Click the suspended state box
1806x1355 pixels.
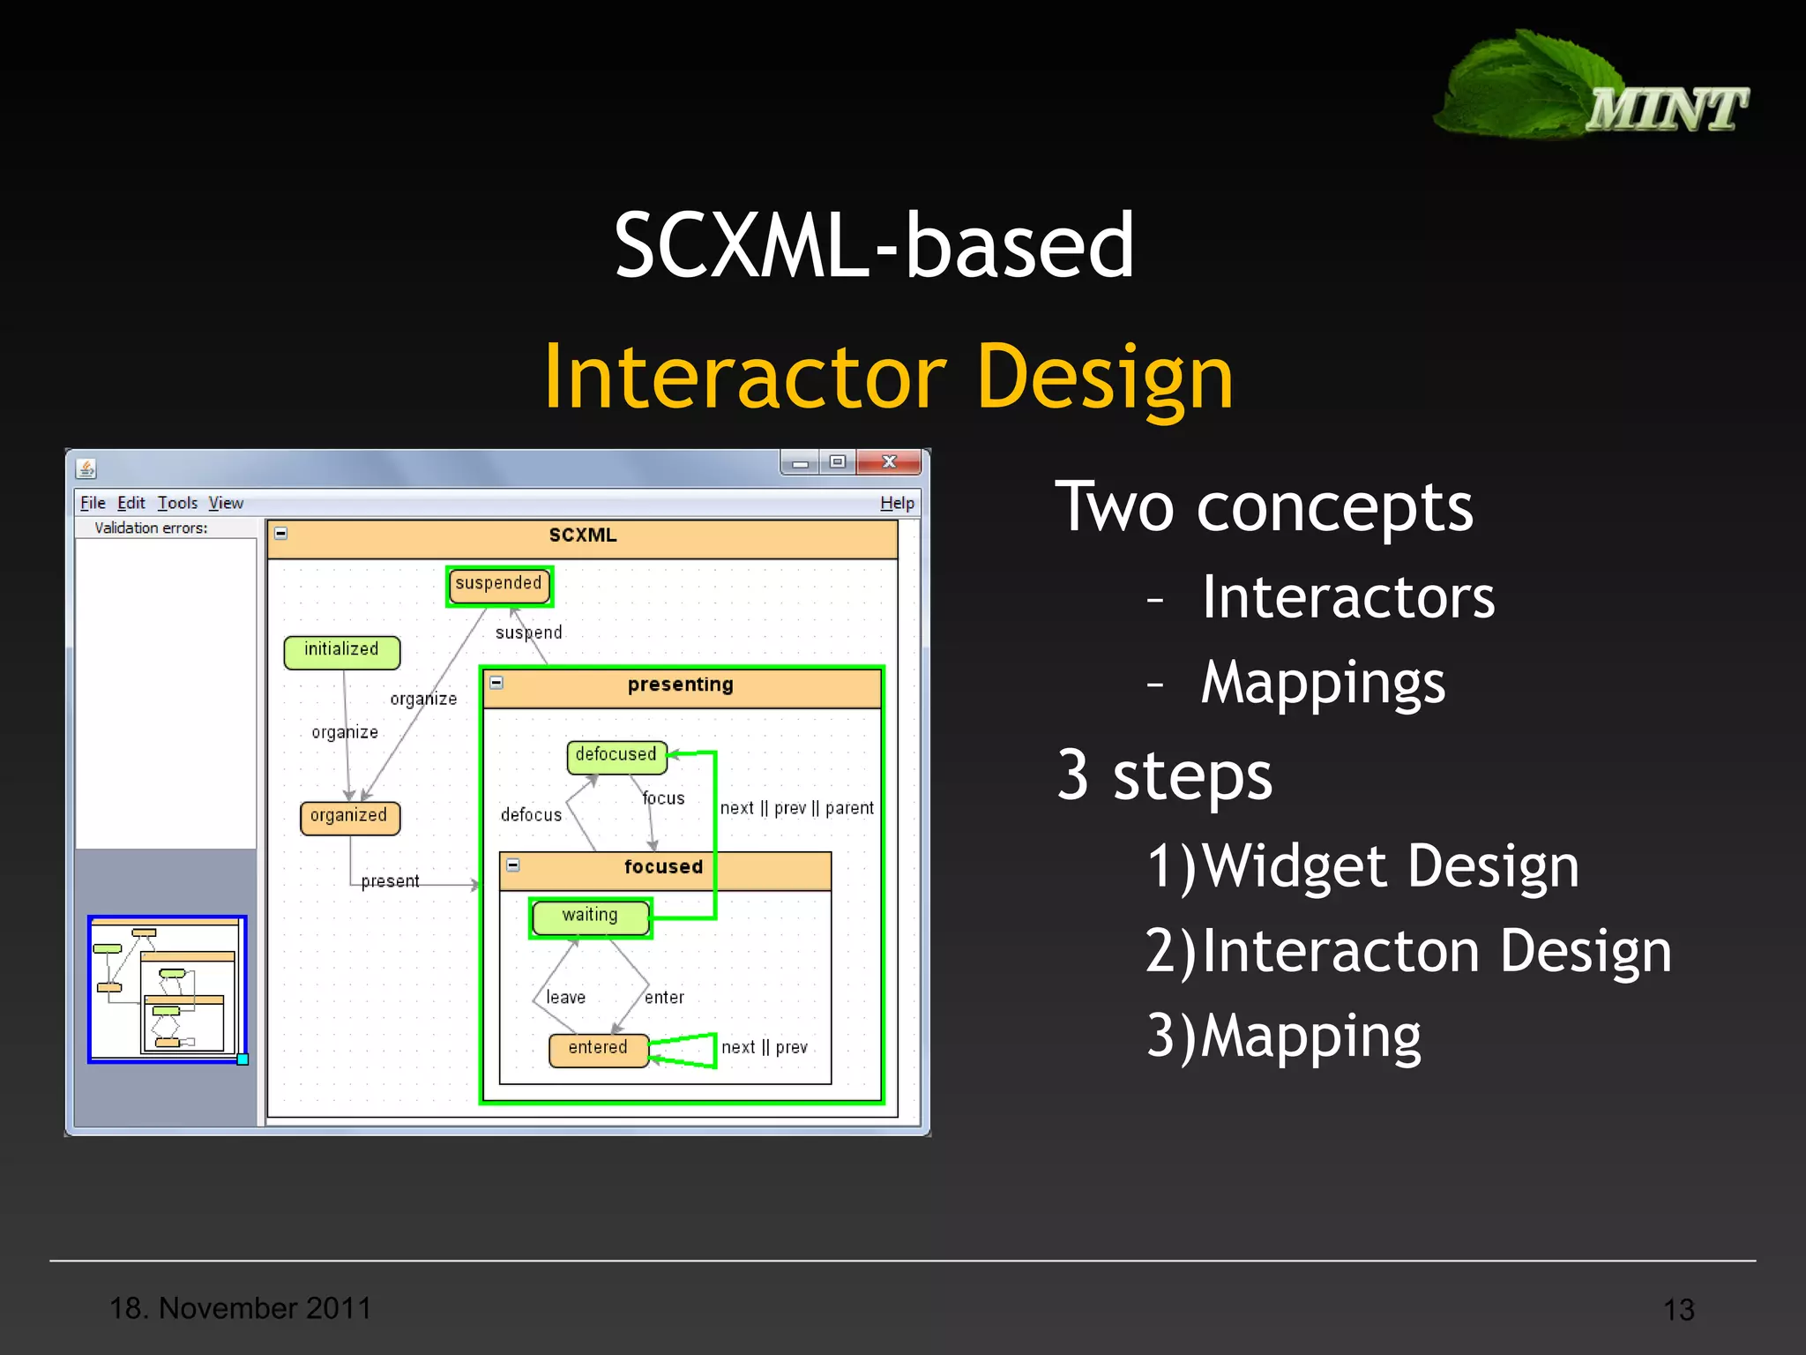[x=499, y=585]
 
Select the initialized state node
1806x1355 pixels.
[x=341, y=651]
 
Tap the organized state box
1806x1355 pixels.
[x=349, y=816]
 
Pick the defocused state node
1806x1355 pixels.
[x=616, y=756]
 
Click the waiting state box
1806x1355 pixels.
[x=590, y=917]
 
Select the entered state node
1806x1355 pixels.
[x=598, y=1049]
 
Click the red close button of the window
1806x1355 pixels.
[x=889, y=462]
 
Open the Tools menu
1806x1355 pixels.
[x=177, y=503]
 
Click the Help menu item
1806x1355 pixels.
[x=897, y=503]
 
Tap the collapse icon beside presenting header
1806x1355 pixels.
[x=496, y=683]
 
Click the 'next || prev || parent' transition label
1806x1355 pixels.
[x=796, y=808]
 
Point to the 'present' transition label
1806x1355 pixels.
[x=390, y=881]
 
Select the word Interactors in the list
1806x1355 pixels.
[x=1347, y=597]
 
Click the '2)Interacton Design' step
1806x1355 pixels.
[x=1408, y=951]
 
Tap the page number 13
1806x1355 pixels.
[x=1678, y=1309]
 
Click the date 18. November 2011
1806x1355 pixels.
[x=240, y=1307]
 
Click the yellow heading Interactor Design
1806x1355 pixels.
[x=889, y=378]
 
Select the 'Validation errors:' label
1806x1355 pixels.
[x=151, y=528]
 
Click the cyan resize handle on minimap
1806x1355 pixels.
[x=243, y=1059]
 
